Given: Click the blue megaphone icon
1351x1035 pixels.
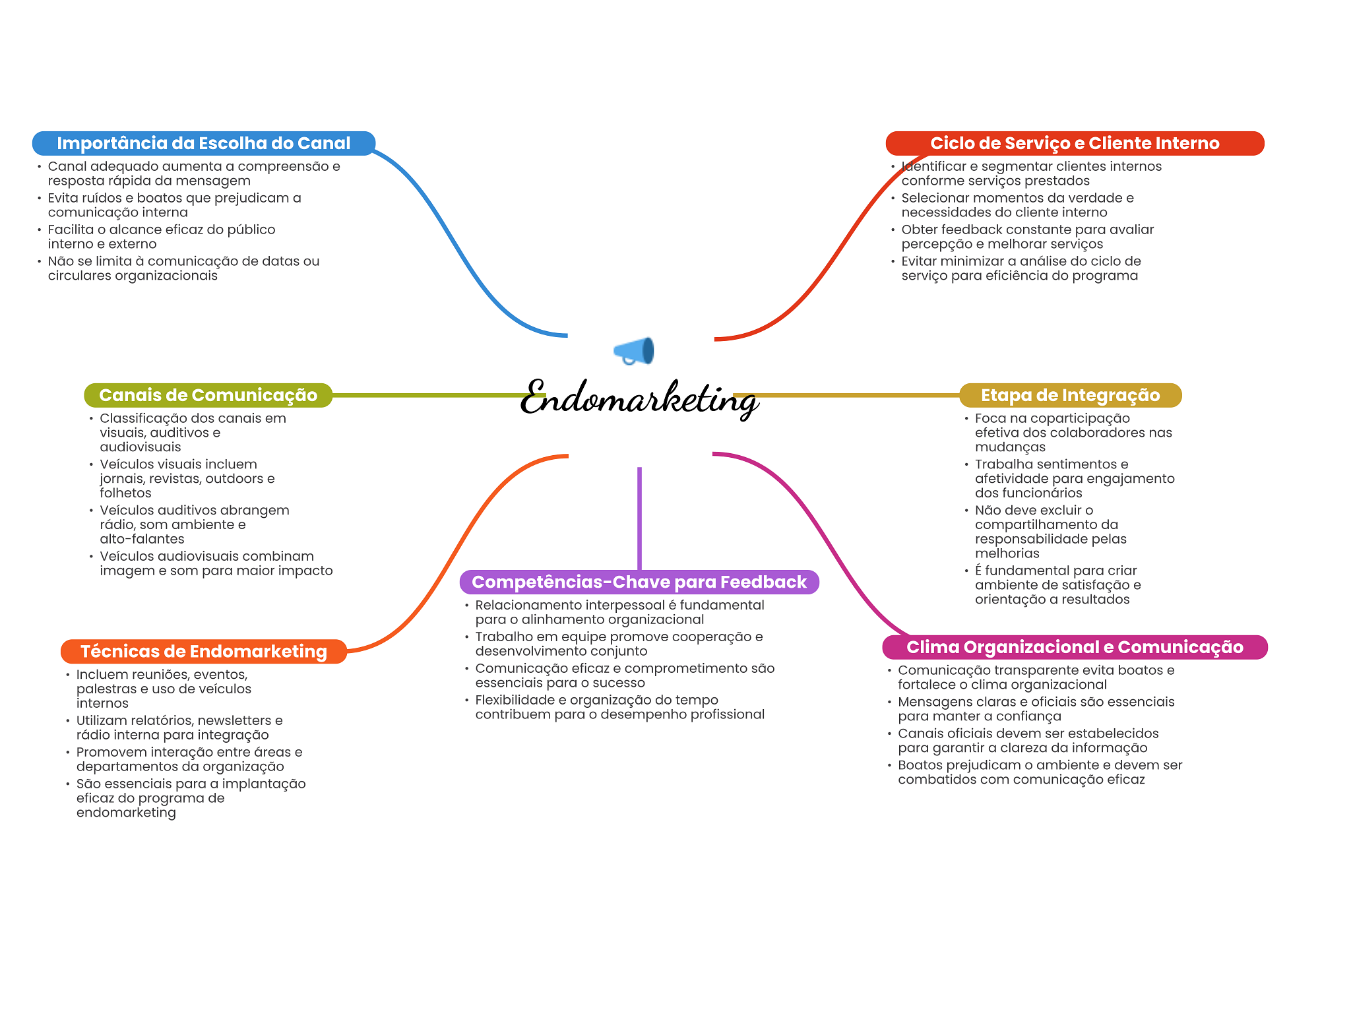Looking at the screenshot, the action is click(x=634, y=350).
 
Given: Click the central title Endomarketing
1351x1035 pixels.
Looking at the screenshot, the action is click(x=639, y=398).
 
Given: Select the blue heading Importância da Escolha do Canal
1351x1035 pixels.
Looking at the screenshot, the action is click(x=203, y=143).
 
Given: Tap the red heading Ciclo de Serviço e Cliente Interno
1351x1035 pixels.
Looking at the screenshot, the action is click(x=1074, y=143).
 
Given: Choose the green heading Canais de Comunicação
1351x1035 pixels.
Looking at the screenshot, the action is click(x=208, y=395).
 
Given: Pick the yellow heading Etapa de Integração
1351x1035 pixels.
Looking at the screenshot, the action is click(x=1069, y=395).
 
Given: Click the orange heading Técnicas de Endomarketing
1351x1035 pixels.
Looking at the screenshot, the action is click(x=203, y=651).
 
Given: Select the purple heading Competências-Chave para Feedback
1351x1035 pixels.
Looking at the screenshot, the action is click(x=639, y=582).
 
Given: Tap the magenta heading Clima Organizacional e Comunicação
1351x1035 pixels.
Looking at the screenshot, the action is click(x=1074, y=647).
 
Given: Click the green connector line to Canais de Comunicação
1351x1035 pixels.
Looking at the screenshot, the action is click(x=429, y=395).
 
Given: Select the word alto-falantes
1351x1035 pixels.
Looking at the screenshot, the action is click(x=142, y=539).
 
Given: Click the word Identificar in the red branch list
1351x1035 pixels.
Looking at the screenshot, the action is click(x=933, y=166).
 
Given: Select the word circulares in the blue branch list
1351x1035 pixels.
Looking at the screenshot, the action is click(x=79, y=276).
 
